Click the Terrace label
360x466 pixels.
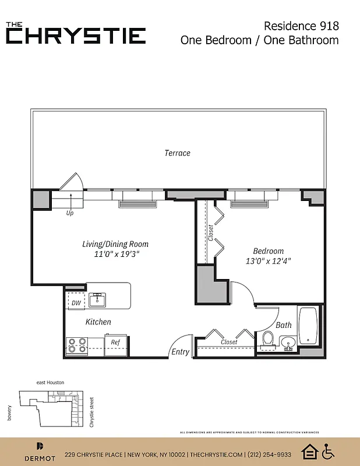point(177,153)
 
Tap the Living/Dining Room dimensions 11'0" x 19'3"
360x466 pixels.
point(115,255)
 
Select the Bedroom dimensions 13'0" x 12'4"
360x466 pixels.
point(268,262)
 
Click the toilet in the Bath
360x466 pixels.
point(269,338)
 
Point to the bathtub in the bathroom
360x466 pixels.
point(308,326)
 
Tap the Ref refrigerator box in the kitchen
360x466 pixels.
point(115,343)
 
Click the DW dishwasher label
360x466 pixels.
point(76,303)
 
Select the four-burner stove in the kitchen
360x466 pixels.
point(78,346)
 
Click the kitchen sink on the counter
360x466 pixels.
point(98,299)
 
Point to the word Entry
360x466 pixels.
point(180,352)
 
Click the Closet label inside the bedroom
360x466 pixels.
point(210,232)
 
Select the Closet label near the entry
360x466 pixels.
point(229,342)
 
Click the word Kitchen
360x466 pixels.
point(98,322)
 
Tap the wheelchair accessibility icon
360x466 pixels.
point(329,451)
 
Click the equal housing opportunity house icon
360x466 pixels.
point(309,451)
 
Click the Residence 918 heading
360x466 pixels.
point(301,26)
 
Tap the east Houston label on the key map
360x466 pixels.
point(50,382)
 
